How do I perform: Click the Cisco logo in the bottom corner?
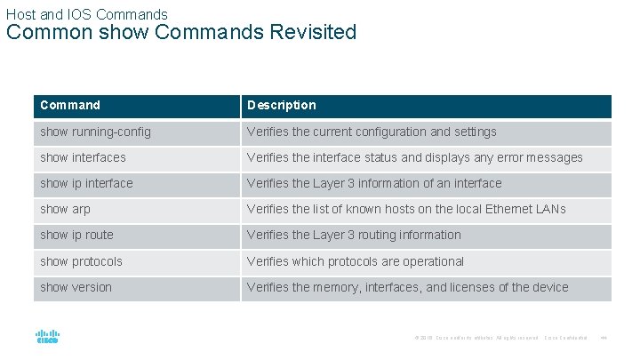tap(46, 338)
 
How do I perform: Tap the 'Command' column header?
tap(70, 106)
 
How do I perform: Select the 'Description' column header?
tap(281, 106)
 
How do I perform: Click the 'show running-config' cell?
tap(95, 132)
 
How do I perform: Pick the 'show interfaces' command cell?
tap(83, 157)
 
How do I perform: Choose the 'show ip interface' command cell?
tap(86, 183)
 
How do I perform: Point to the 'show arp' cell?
tap(65, 209)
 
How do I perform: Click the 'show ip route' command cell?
tap(76, 235)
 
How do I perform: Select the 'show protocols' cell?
tap(81, 261)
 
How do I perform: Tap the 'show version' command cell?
tap(76, 287)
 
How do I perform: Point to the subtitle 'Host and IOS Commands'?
tap(86, 13)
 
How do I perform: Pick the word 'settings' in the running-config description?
tap(476, 132)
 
